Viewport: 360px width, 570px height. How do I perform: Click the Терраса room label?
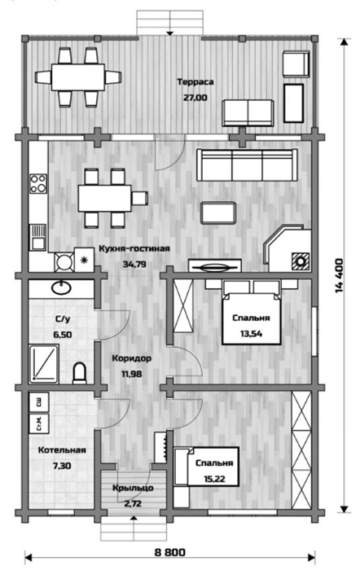coord(195,82)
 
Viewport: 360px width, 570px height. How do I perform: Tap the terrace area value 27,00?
coord(195,98)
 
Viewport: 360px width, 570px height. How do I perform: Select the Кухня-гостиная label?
coord(134,249)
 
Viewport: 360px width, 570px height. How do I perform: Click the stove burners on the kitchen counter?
coord(37,183)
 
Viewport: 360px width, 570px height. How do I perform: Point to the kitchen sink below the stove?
coord(37,237)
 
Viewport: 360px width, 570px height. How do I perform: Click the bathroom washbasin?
coord(61,287)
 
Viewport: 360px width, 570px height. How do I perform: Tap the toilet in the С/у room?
coord(80,373)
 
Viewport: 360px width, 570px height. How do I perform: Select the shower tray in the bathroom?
coord(44,364)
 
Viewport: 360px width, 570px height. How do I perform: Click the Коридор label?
coord(131,358)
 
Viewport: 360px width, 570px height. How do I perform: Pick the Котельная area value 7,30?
coord(62,466)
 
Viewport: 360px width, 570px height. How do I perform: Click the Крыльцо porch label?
coord(133,488)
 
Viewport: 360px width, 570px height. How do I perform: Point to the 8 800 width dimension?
coord(169,553)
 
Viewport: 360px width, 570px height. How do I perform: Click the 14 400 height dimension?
coord(339,275)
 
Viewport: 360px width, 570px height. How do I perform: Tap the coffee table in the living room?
coord(218,213)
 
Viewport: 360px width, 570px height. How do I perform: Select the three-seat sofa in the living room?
coord(247,165)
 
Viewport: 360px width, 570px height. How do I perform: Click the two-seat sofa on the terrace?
coord(248,113)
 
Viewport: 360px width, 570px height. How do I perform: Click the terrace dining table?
coord(78,77)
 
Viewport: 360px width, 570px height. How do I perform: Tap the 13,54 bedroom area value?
coord(252,333)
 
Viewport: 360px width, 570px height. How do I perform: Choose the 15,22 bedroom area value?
coord(214,479)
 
